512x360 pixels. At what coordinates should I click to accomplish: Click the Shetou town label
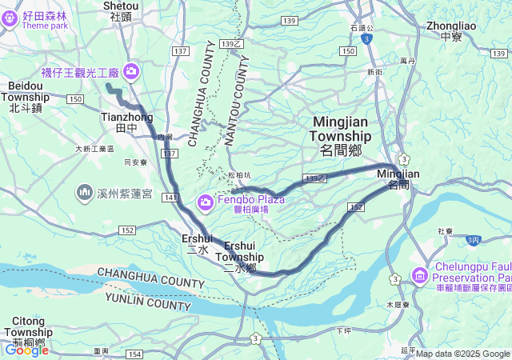click(x=121, y=10)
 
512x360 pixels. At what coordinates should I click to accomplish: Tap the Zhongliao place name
click(x=451, y=31)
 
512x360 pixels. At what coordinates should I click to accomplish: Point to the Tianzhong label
click(x=127, y=122)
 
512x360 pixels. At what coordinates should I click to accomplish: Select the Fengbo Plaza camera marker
click(x=206, y=202)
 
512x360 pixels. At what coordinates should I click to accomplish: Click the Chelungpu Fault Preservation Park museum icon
click(x=419, y=276)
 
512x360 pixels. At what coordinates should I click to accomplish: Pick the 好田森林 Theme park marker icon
click(x=10, y=18)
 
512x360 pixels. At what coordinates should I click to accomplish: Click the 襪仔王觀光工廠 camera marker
click(x=130, y=73)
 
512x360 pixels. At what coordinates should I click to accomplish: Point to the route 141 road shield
click(x=169, y=196)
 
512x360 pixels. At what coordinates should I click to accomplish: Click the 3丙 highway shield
click(x=474, y=239)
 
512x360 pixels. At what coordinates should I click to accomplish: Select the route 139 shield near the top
click(x=289, y=20)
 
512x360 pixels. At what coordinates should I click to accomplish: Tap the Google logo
click(x=26, y=350)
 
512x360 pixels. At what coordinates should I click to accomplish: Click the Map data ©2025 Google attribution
click(x=462, y=354)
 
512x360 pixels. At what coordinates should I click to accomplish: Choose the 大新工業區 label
click(x=94, y=148)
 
